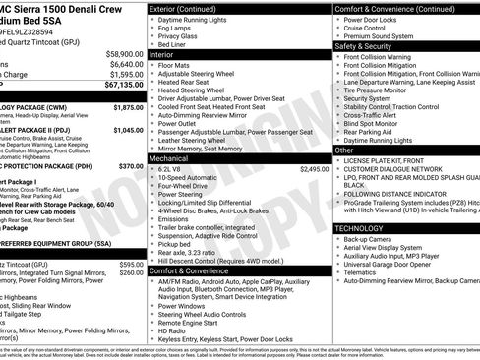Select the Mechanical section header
click(173, 157)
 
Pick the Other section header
click(345, 150)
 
